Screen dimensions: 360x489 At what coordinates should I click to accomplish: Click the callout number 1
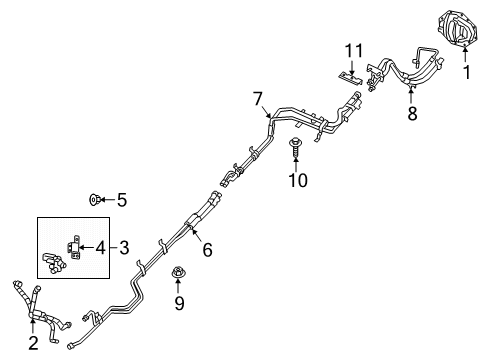click(465, 72)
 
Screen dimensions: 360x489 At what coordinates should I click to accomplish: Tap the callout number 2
click(34, 343)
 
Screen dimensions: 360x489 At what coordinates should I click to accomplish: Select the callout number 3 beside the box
click(124, 247)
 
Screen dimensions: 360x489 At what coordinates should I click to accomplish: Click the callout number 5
click(122, 200)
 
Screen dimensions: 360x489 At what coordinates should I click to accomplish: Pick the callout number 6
click(207, 251)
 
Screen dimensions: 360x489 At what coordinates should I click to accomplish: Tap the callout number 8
click(411, 113)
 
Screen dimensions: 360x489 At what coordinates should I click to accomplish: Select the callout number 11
click(351, 50)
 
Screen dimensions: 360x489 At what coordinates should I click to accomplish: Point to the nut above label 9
click(178, 271)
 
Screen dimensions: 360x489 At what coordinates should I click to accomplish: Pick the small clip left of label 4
click(72, 245)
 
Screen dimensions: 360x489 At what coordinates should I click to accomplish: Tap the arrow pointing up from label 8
click(411, 96)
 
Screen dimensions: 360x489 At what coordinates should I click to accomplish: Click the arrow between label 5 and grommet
click(108, 200)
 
